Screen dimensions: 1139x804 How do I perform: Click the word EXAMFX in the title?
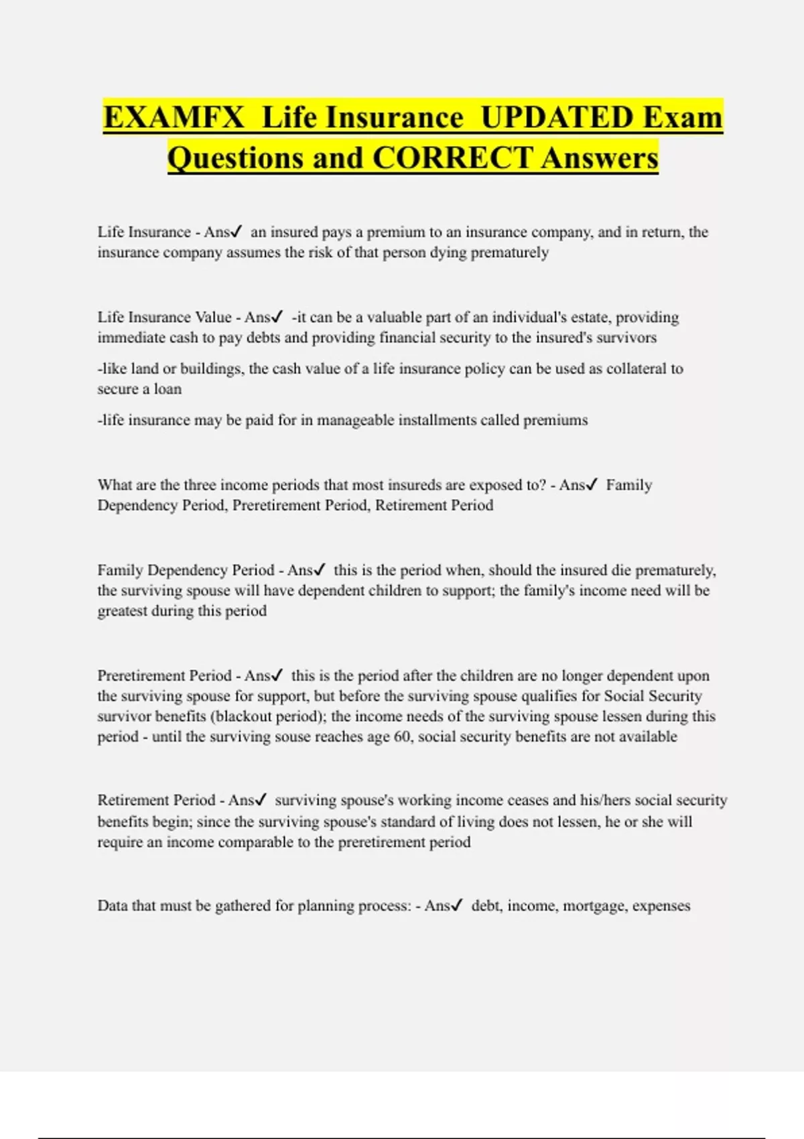(174, 117)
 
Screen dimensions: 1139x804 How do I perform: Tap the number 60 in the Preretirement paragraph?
(403, 736)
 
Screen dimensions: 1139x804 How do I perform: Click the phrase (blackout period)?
(268, 716)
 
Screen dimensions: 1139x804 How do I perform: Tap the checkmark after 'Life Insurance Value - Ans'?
(277, 316)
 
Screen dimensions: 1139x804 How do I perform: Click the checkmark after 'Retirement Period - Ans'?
(261, 799)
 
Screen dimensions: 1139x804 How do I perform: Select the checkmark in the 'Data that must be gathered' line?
(457, 905)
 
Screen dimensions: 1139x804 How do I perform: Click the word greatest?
(123, 611)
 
